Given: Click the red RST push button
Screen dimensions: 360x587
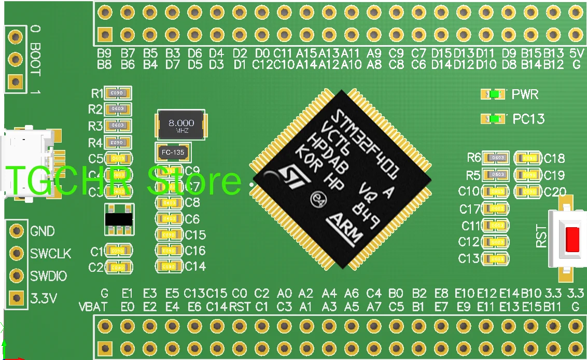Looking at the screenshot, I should tap(572, 239).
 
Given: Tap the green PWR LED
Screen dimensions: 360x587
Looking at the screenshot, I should tap(494, 94).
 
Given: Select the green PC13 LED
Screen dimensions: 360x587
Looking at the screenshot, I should tap(494, 119).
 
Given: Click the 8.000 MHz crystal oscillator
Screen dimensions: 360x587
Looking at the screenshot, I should tap(181, 124).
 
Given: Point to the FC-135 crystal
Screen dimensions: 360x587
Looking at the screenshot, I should tap(173, 153).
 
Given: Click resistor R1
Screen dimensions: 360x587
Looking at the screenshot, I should tap(117, 93).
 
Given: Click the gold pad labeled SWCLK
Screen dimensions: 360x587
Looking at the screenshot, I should tap(17, 253).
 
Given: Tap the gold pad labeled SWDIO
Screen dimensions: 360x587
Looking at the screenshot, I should tap(17, 275).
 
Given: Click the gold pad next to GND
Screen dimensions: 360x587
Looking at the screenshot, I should tap(17, 230).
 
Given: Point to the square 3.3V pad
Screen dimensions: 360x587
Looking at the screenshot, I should tap(17, 298).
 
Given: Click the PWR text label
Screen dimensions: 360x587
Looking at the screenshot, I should tap(525, 94).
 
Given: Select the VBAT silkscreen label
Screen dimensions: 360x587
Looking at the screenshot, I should tap(93, 307).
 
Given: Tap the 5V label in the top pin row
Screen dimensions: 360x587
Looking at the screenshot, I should tap(576, 53).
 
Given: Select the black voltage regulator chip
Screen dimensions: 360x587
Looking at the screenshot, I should tap(119, 219).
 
